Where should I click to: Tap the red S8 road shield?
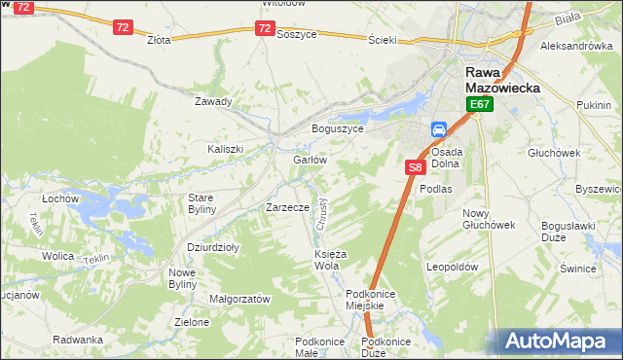pyautogui.click(x=415, y=167)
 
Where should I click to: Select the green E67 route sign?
pyautogui.click(x=478, y=104)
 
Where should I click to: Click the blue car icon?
pyautogui.click(x=439, y=129)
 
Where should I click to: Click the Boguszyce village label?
pyautogui.click(x=337, y=128)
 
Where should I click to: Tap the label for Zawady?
pyautogui.click(x=213, y=101)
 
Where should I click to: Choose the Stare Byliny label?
pyautogui.click(x=201, y=203)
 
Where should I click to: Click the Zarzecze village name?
pyautogui.click(x=287, y=207)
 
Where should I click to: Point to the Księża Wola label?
pyautogui.click(x=326, y=260)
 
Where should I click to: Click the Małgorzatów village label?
pyautogui.click(x=239, y=300)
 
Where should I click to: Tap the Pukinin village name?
pyautogui.click(x=593, y=104)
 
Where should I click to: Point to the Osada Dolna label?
pyautogui.click(x=447, y=158)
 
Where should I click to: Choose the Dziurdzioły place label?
pyautogui.click(x=213, y=247)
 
